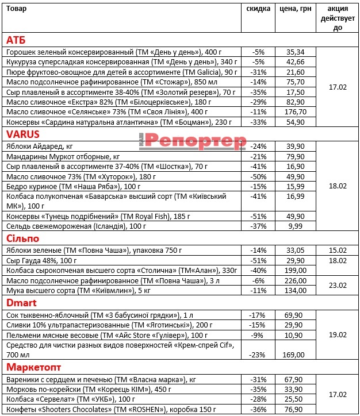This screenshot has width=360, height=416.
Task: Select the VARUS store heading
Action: [x=22, y=134]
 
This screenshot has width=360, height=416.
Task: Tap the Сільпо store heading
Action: [x=22, y=238]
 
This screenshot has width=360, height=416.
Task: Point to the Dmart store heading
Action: [x=21, y=302]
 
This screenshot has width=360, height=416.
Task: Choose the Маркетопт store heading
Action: [x=32, y=367]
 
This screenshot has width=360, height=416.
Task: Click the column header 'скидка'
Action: [x=258, y=9]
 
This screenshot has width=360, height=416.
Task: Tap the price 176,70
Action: [x=296, y=111]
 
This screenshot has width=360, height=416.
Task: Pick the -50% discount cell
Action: [x=258, y=176]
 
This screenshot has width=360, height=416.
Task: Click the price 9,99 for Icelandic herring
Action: [x=296, y=226]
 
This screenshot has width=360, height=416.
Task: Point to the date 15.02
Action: [x=338, y=250]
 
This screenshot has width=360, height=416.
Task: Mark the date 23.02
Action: [x=338, y=286]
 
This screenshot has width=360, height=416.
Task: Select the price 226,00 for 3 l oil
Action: [x=296, y=280]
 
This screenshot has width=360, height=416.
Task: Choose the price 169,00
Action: [x=296, y=355]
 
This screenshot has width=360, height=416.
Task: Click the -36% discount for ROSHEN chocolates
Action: [x=258, y=409]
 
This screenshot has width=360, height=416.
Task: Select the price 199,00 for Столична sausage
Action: [x=296, y=270]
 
